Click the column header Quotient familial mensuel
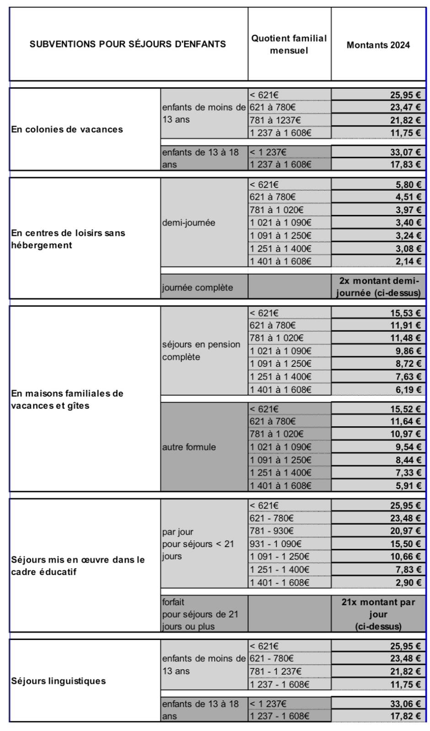click(x=289, y=44)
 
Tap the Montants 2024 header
click(x=378, y=45)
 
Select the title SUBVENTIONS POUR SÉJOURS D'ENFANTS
click(x=128, y=44)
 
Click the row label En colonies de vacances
click(x=67, y=129)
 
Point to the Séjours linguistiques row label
click(x=59, y=681)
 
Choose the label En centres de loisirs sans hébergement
click(x=68, y=239)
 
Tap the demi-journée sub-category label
click(x=188, y=223)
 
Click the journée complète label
click(x=197, y=287)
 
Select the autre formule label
click(x=188, y=447)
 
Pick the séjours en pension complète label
click(x=201, y=350)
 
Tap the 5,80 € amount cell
click(x=408, y=185)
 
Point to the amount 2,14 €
click(x=408, y=261)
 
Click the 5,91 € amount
click(x=408, y=485)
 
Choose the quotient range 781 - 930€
click(x=272, y=531)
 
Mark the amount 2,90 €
click(x=408, y=582)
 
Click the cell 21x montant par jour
click(x=378, y=614)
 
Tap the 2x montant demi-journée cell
click(x=378, y=287)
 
